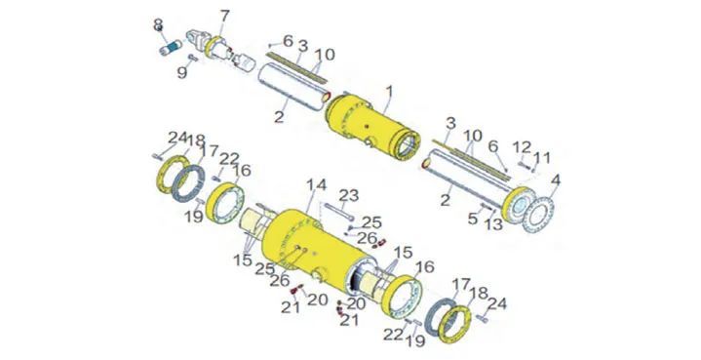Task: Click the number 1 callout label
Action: [x=389, y=93]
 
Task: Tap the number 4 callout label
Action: [x=556, y=181]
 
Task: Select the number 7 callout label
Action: [x=224, y=17]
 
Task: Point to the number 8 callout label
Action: [x=158, y=24]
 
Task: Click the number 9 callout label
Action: [x=182, y=72]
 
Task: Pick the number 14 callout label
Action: [x=316, y=184]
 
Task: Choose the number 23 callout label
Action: [x=349, y=195]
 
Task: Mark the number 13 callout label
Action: [x=494, y=224]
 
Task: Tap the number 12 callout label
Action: [x=522, y=147]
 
